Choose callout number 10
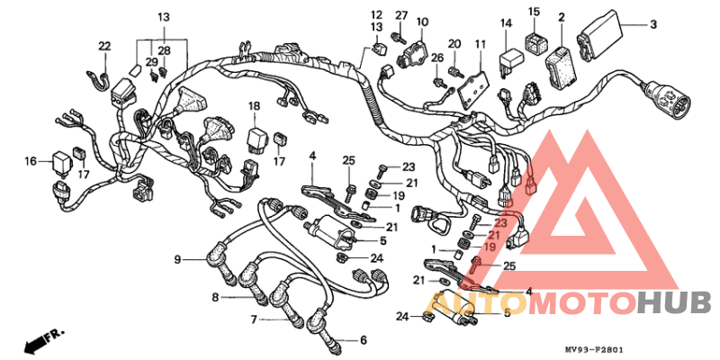coord(422,21)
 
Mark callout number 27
coord(401,15)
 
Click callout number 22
coord(105,46)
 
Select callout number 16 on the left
coord(31,161)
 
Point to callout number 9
coord(177,259)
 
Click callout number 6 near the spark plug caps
coord(364,340)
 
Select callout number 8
coord(215,297)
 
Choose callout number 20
coord(454,43)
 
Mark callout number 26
coord(437,58)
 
